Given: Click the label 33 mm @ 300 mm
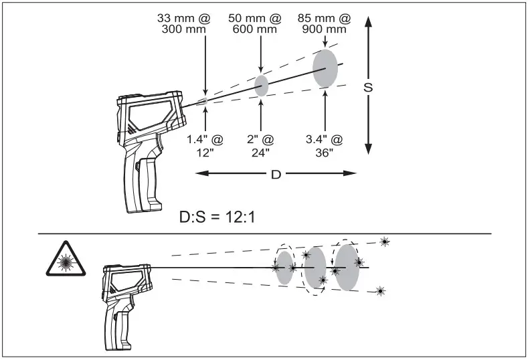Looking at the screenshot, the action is pyautogui.click(x=183, y=23).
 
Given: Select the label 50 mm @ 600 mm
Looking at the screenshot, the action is pyautogui.click(x=254, y=23).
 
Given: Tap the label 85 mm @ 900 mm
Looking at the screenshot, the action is pyautogui.click(x=324, y=23).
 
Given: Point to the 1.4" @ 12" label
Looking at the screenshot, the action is pyautogui.click(x=205, y=145).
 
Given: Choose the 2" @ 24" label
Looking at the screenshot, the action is pyautogui.click(x=260, y=145).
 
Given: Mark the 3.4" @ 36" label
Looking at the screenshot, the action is pyautogui.click(x=324, y=145).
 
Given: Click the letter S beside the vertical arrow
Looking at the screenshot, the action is pyautogui.click(x=368, y=88).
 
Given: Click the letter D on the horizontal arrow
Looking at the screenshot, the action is pyautogui.click(x=276, y=175).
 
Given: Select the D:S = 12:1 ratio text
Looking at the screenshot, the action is pyautogui.click(x=217, y=217).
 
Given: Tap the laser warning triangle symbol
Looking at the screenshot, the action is pyautogui.click(x=66, y=260).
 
